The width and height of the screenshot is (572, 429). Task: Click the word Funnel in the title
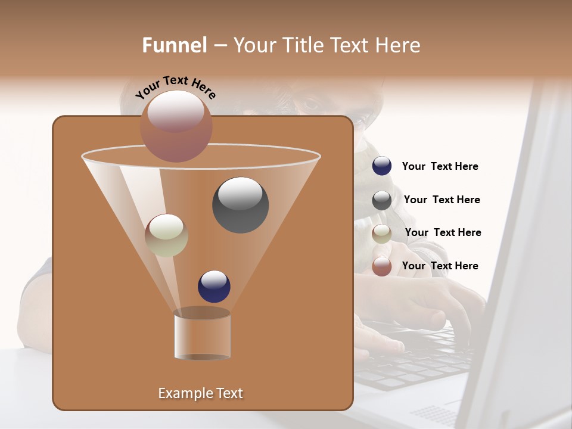(x=175, y=45)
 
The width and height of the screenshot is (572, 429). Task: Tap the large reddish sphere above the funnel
(x=176, y=126)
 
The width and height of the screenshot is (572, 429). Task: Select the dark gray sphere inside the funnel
(x=240, y=204)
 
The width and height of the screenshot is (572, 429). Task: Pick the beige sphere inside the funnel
(x=167, y=235)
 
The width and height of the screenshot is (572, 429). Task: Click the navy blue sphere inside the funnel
(x=214, y=286)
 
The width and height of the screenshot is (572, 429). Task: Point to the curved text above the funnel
(x=176, y=86)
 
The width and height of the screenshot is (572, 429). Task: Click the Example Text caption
(x=200, y=393)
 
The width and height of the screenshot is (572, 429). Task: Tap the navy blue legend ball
(x=382, y=166)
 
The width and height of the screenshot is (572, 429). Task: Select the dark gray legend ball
(x=382, y=200)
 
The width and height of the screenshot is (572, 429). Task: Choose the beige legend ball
(x=382, y=233)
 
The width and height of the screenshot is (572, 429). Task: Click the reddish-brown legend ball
(x=382, y=266)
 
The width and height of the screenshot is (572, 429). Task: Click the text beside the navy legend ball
(x=440, y=167)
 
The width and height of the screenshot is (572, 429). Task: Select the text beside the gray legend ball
(x=442, y=200)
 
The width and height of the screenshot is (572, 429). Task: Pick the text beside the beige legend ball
(x=443, y=233)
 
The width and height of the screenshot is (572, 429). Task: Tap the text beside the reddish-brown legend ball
(x=440, y=266)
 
